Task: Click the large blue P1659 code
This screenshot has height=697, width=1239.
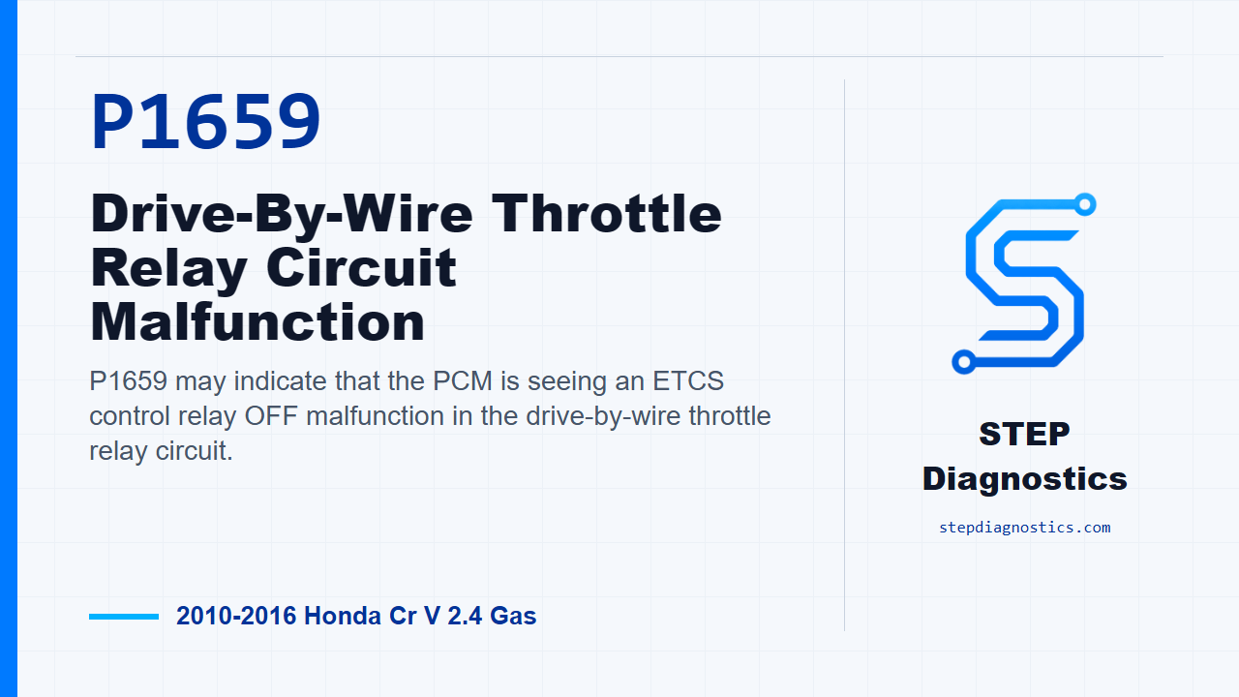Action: (x=205, y=122)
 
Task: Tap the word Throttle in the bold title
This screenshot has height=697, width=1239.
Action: (x=606, y=214)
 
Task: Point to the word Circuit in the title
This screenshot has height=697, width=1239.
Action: (x=361, y=268)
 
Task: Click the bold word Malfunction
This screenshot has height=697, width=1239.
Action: (x=257, y=322)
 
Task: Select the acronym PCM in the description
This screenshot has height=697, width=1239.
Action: (x=463, y=381)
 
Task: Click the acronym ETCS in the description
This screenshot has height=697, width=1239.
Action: (x=688, y=381)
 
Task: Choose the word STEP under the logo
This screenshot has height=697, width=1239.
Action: (x=1024, y=434)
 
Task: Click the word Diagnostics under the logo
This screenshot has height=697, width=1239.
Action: (x=1024, y=479)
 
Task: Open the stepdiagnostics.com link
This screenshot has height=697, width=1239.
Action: (x=1024, y=528)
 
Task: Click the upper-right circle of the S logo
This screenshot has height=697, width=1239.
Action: (x=1085, y=204)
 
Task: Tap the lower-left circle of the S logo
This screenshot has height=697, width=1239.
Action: (x=963, y=362)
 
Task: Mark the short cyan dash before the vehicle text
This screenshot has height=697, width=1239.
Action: (x=124, y=617)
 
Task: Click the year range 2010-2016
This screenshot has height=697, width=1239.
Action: (x=236, y=616)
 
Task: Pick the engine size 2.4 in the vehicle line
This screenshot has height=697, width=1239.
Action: (x=465, y=616)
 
